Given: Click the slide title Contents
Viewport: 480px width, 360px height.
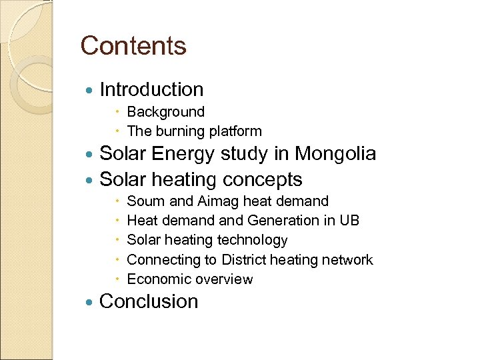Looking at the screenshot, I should coord(133,46).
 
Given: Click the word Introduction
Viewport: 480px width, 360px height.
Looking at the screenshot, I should coord(151,89).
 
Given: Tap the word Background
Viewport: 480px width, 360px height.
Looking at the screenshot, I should coord(165,112).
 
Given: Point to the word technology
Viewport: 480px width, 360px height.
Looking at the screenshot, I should coord(252,240).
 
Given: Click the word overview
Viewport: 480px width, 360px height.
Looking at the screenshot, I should coord(223,279).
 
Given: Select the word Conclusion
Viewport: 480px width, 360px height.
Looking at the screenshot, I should coord(149,301).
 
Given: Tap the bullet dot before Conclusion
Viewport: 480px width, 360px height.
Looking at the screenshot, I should coord(91,303).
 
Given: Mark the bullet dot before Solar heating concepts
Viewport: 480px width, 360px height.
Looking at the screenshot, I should coord(91,181).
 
